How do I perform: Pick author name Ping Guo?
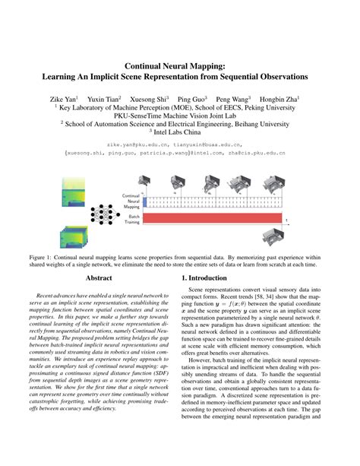pos(197,98)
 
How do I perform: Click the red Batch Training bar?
pos(212,218)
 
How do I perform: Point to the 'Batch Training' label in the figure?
pos(131,218)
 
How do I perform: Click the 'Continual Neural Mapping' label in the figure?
pos(130,201)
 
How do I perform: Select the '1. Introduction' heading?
pos(207,279)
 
